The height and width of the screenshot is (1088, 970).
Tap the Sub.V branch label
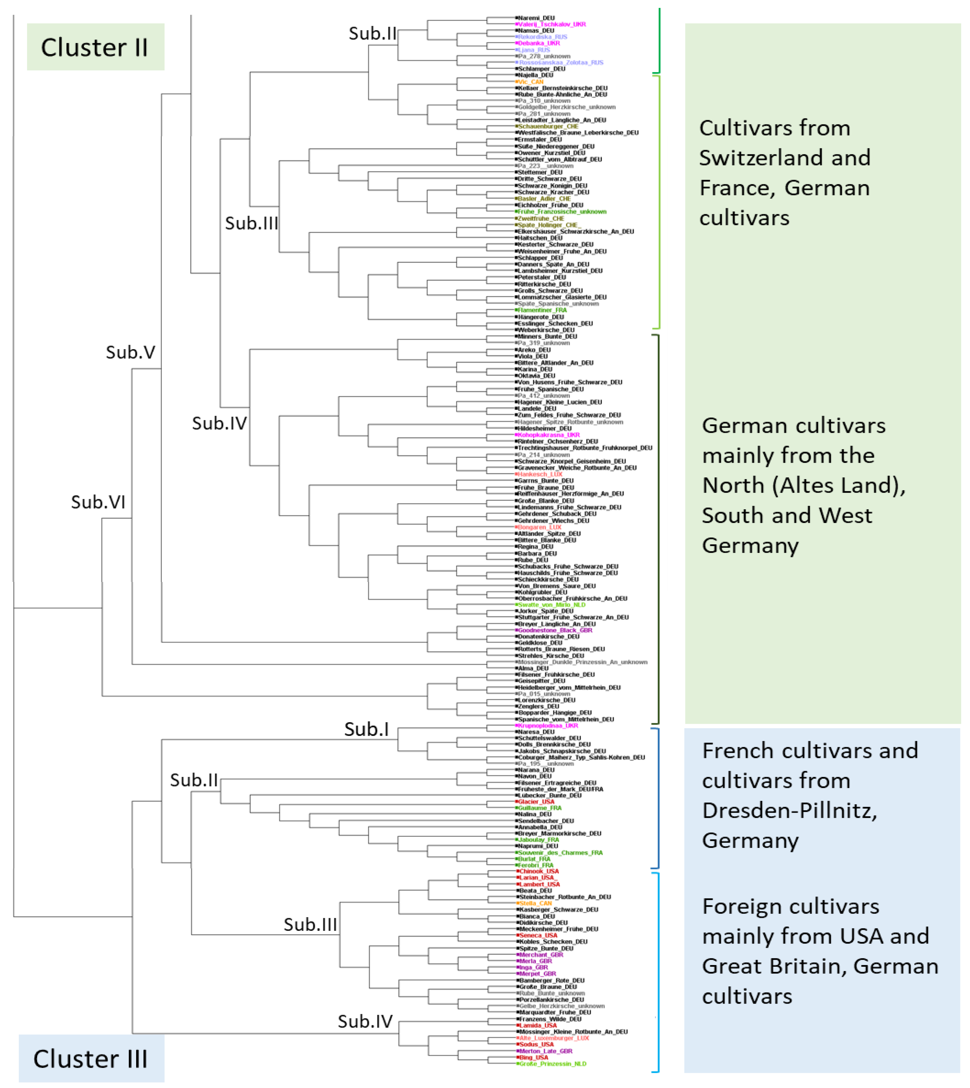pos(131,352)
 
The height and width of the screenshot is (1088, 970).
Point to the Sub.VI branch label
pos(98,502)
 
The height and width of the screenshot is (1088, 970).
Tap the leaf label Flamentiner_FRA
pos(542,310)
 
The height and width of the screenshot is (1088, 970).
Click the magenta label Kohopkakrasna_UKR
pos(548,435)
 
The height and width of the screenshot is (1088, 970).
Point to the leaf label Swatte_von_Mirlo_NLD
pos(552,605)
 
